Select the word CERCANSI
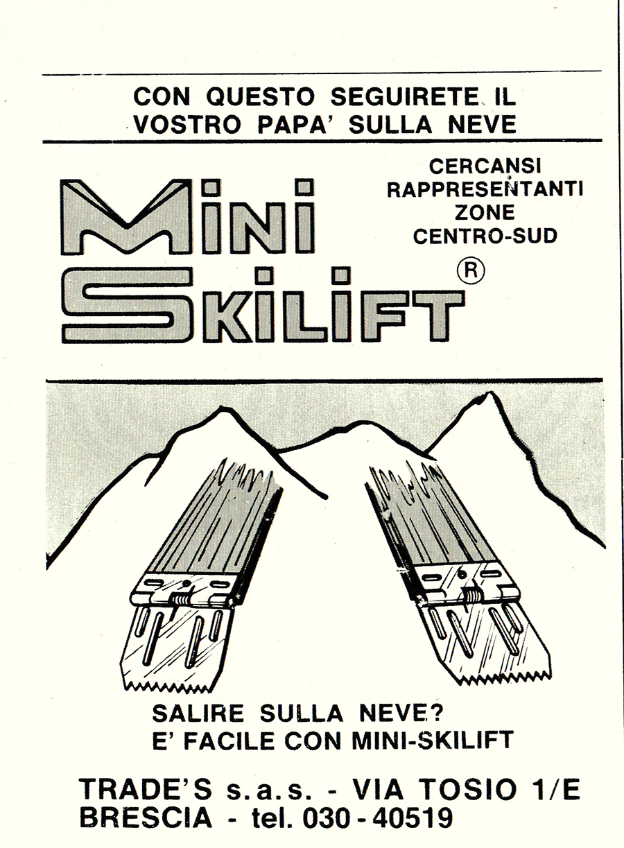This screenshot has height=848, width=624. coord(485,166)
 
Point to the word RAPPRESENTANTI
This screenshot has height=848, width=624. coord(485,189)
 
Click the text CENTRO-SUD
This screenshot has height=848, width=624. coord(485,236)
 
